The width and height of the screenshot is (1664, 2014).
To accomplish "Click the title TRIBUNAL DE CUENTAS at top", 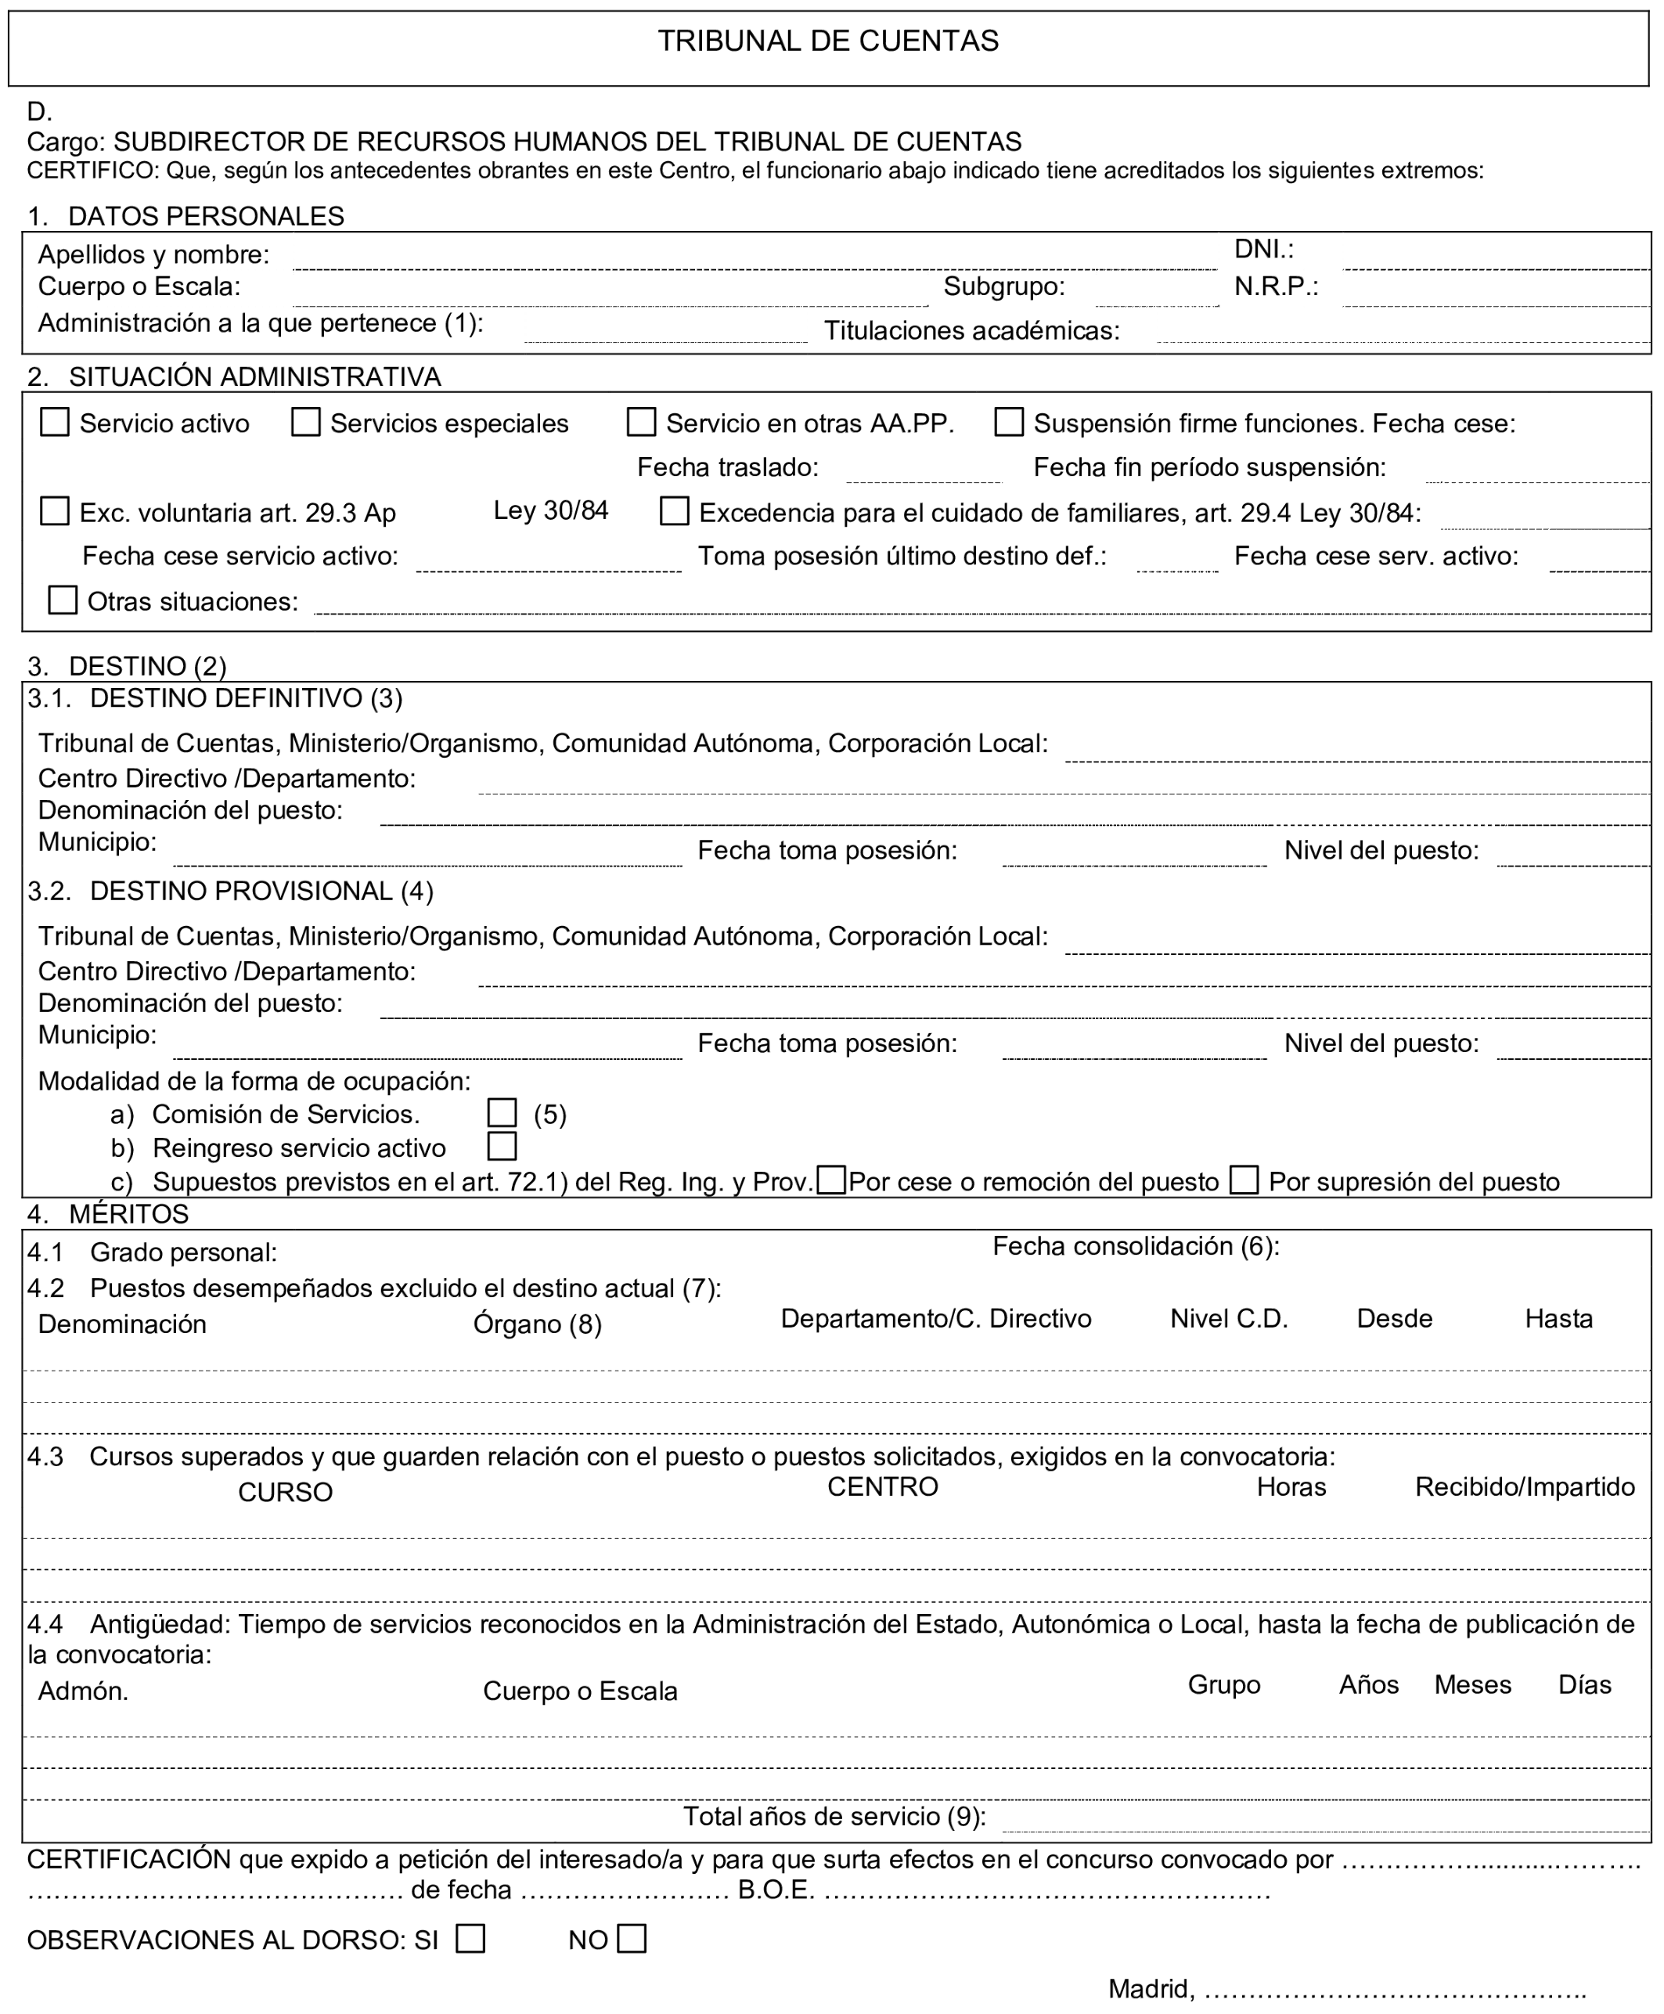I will [828, 41].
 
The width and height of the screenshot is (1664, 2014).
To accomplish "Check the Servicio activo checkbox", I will [55, 423].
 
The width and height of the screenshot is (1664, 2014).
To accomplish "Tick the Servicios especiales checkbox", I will [306, 423].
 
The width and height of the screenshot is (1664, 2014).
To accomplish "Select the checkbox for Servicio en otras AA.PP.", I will [641, 423].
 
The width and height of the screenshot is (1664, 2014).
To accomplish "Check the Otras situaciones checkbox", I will [63, 600].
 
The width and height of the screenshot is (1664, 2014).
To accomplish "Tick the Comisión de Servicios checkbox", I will [502, 1113].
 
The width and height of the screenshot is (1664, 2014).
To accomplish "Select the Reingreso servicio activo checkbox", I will [502, 1147].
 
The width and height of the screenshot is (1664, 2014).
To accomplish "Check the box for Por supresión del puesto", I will [1244, 1180].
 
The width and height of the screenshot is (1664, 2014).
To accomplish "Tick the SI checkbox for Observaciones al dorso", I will [470, 1939].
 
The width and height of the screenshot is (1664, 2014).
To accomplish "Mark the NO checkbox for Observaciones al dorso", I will [632, 1939].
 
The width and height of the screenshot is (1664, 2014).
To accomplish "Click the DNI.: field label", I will [1264, 249].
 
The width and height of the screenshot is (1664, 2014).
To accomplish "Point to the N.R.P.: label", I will [1276, 286].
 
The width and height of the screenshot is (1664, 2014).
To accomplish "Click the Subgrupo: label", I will [1004, 286].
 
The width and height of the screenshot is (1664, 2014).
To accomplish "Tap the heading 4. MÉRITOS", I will [108, 1215].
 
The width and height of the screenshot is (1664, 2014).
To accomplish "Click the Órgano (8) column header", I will [538, 1324].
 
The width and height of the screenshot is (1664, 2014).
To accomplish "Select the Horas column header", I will [1291, 1488].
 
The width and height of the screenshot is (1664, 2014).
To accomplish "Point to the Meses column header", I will [1472, 1685].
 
